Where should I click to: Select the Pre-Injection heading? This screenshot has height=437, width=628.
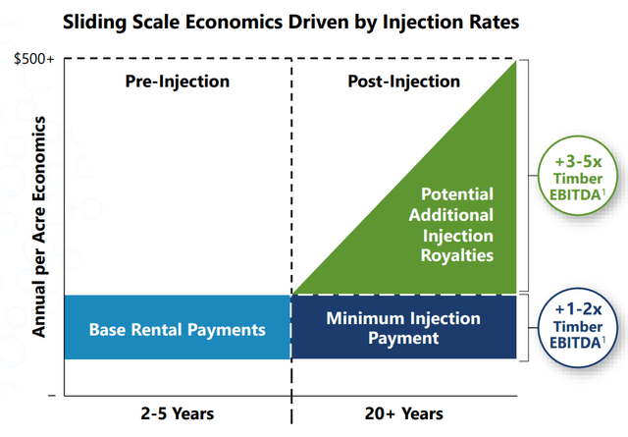pyautogui.click(x=178, y=82)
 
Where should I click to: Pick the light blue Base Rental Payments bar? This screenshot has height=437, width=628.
pyautogui.click(x=178, y=328)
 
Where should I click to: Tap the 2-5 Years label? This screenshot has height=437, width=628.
pyautogui.click(x=177, y=413)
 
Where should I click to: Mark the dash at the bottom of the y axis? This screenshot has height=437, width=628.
pyautogui.click(x=51, y=393)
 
